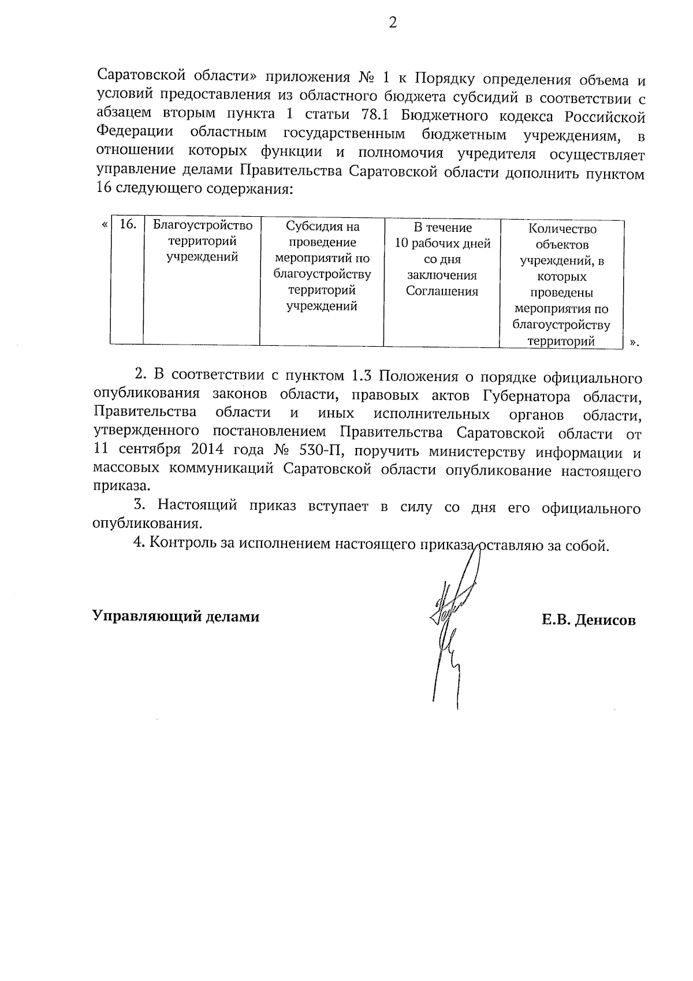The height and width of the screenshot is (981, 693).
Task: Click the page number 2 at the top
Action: [392, 23]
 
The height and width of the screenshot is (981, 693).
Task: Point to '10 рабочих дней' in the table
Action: [442, 243]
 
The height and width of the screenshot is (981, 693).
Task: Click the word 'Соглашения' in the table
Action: [442, 291]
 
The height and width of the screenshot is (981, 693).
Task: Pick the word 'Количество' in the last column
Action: [562, 229]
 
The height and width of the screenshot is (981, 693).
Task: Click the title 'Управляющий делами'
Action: [176, 616]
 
